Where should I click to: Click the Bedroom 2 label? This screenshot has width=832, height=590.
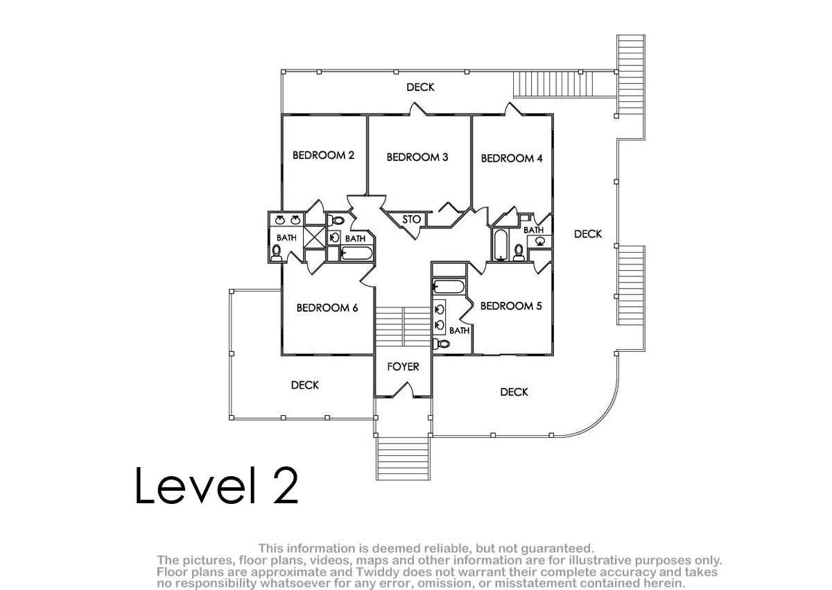pos(323,155)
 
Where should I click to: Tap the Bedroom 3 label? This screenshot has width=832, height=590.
pos(417,157)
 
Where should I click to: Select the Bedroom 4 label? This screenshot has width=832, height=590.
pos(512,158)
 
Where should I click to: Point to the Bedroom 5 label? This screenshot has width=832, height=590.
pos(511,306)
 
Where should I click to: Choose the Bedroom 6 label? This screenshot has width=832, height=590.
pos(327,307)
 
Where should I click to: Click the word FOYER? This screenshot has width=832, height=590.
pos(403,367)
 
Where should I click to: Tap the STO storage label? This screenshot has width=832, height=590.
pos(412,219)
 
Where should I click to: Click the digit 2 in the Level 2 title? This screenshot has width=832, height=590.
pos(286,485)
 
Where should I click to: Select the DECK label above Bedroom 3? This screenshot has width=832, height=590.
pos(420,87)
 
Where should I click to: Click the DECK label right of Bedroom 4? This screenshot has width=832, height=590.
pos(588,234)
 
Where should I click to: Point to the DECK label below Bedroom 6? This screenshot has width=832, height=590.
pos(304,385)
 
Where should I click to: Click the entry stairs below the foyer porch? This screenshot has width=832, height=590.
pos(403,458)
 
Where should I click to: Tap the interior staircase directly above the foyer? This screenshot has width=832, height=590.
pos(403,326)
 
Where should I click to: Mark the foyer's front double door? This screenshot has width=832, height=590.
pos(403,389)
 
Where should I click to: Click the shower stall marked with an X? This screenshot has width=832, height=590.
pos(314,237)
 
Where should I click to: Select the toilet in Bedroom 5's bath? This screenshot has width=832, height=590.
pos(441,344)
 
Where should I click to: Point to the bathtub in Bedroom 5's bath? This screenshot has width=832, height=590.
pos(449,287)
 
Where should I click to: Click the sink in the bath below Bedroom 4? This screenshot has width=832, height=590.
pos(540,242)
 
